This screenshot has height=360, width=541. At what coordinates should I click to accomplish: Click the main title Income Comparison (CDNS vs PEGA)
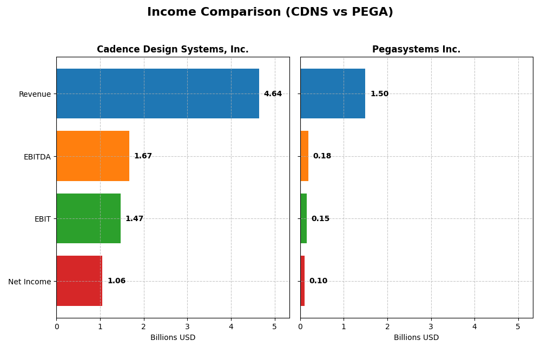click(x=270, y=12)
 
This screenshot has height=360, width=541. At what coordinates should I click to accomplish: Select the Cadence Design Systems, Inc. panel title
click(x=173, y=50)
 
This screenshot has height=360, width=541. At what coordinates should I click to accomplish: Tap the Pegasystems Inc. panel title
click(x=416, y=50)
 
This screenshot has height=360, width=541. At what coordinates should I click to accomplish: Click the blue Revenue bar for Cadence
click(x=157, y=94)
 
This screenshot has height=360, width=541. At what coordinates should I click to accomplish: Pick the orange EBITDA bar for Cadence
click(x=93, y=156)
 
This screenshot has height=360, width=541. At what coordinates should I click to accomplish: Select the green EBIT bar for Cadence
click(x=88, y=218)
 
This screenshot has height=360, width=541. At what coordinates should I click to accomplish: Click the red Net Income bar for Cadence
click(x=80, y=281)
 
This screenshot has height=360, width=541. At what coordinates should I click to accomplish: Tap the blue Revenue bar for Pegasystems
click(x=333, y=94)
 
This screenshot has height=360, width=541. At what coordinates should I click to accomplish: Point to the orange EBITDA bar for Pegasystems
click(x=304, y=156)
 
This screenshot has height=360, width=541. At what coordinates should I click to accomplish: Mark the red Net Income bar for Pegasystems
click(x=302, y=281)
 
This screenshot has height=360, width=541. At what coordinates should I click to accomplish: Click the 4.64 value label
click(x=273, y=94)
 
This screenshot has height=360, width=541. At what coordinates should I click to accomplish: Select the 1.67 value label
click(x=143, y=156)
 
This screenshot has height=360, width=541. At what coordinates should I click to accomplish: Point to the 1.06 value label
click(x=116, y=281)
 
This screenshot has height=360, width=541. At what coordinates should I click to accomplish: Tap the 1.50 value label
click(x=379, y=94)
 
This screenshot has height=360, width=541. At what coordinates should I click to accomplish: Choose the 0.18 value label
click(x=322, y=156)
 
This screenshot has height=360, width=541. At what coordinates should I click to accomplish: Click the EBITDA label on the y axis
click(x=37, y=157)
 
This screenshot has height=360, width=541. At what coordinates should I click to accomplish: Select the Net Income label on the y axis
click(x=29, y=282)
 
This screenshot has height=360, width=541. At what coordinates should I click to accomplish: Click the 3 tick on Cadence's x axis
click(x=187, y=327)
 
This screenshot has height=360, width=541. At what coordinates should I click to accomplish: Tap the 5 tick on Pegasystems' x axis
click(x=518, y=327)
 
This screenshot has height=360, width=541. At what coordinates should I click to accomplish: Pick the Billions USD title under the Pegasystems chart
click(x=416, y=338)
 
